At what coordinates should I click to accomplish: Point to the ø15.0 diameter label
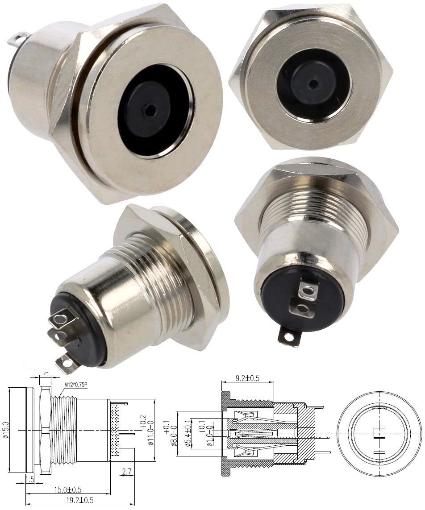pyautogui.click(x=6, y=430)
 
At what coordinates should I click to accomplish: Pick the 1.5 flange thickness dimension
pyautogui.click(x=30, y=479)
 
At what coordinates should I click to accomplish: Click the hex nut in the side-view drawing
pyautogui.click(x=44, y=430)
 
